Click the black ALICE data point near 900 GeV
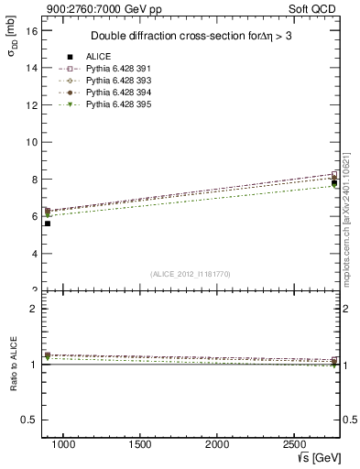tap(47, 224)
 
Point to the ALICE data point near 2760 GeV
tap(334, 183)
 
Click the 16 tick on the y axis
tap(32, 30)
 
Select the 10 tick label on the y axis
tap(32, 142)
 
